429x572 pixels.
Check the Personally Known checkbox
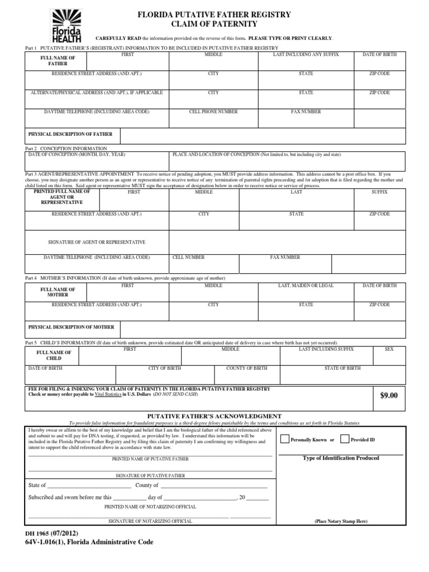pos(284,439)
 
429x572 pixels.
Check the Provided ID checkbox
pos(345,439)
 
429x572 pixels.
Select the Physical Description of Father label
pos(70,134)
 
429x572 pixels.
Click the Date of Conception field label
pos(77,154)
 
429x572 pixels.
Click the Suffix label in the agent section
pos(379,192)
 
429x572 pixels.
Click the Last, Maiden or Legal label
pos(306,285)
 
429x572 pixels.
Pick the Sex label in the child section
pos(389,349)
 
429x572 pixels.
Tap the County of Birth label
pos(246,368)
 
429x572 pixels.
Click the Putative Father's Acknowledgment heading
pos(214,416)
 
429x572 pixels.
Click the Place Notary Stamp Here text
pos(340,521)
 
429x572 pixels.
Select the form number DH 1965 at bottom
pos(42,533)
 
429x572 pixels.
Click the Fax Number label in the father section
pos(306,112)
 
